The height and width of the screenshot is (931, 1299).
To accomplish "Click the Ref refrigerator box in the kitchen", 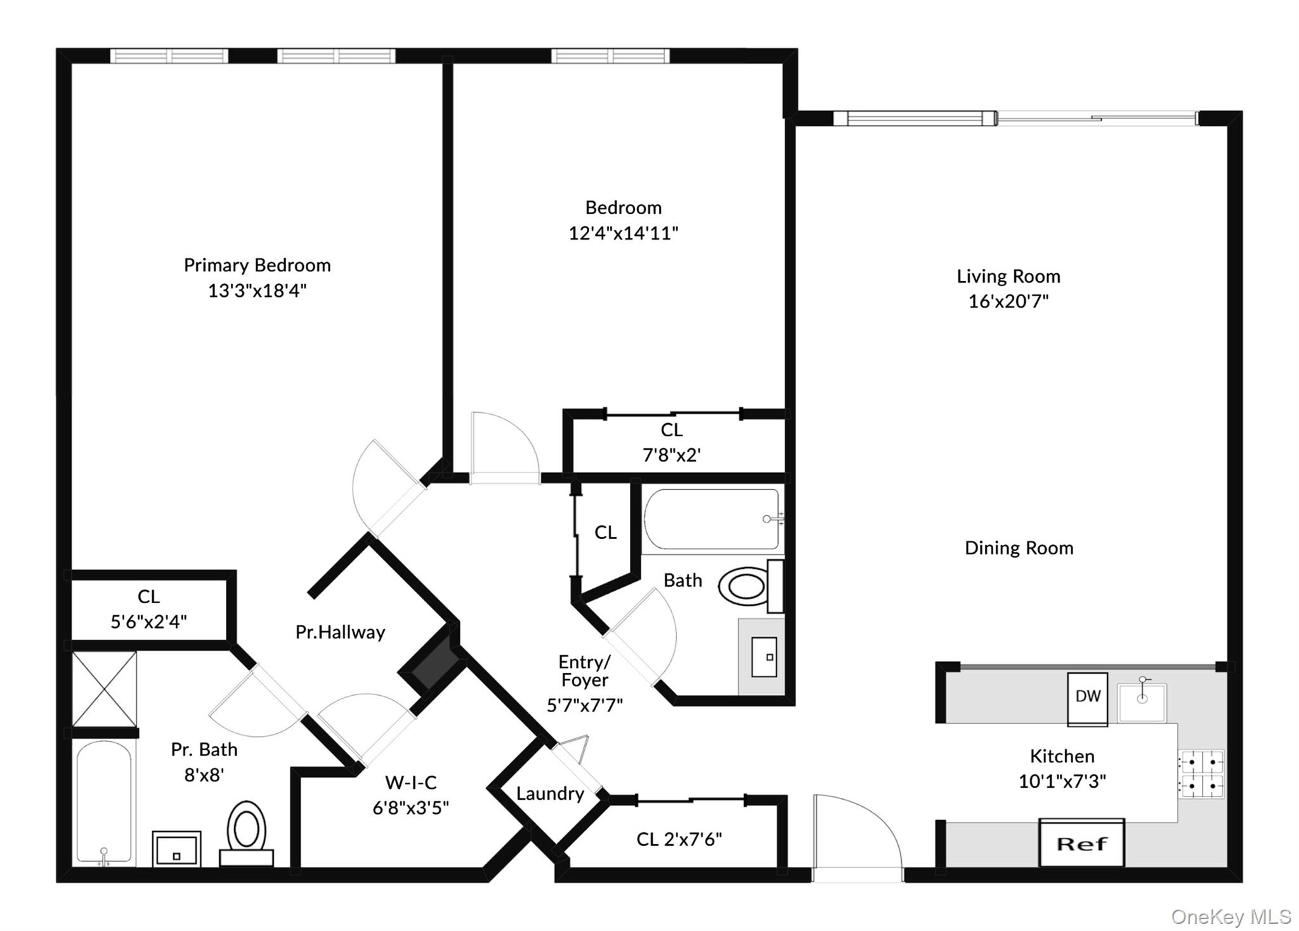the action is [x=1081, y=843].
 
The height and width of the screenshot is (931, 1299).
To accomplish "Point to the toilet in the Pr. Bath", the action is [x=246, y=833].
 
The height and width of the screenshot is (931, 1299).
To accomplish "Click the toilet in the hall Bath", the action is [x=751, y=586].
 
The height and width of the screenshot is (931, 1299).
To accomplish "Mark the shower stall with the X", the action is [x=104, y=689].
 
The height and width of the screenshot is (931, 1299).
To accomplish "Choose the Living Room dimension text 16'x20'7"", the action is [x=1009, y=301].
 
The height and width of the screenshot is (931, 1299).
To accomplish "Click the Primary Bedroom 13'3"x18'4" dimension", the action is [x=258, y=290].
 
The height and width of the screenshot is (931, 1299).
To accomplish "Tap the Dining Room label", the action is [x=1019, y=548].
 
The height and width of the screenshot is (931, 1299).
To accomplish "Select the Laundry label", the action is [x=550, y=793].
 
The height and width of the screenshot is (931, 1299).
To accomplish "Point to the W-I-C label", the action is [x=411, y=783].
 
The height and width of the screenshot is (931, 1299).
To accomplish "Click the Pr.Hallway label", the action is [x=341, y=632].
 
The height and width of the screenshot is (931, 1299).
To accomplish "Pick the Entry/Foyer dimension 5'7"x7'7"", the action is [x=585, y=705].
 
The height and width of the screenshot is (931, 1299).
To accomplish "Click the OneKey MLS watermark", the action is [x=1230, y=916].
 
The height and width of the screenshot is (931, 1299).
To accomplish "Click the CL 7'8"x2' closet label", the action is [x=672, y=443].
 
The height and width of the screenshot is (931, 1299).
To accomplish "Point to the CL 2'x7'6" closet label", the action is [x=679, y=840].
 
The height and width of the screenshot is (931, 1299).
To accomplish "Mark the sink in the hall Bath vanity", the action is [x=764, y=657].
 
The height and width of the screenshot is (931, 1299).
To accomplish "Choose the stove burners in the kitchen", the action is [x=1201, y=773].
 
